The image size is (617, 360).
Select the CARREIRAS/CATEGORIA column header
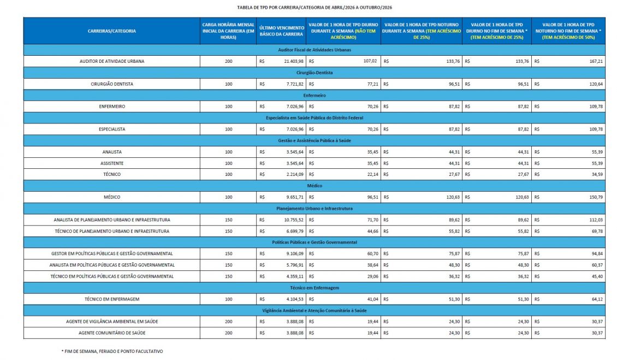coord(111,31)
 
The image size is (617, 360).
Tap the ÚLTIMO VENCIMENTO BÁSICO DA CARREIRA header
coord(281,31)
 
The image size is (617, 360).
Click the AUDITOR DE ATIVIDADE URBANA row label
coord(111,61)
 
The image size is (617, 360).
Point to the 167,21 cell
coord(594,61)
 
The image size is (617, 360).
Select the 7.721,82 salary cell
coord(293,84)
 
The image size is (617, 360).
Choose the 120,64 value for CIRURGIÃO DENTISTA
coord(594,84)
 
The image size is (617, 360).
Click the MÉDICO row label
coord(111,197)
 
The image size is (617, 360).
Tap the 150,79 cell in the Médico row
coord(594,197)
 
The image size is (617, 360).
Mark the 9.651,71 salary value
coord(293,197)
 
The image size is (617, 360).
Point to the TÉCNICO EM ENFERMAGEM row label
coord(111,299)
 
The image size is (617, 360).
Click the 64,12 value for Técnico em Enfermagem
coord(596,299)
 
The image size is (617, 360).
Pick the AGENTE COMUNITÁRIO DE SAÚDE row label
coord(111,333)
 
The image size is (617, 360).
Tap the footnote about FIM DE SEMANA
coord(112,351)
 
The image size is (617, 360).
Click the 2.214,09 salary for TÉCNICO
coord(293,174)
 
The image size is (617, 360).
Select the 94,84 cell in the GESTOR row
coord(596,253)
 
